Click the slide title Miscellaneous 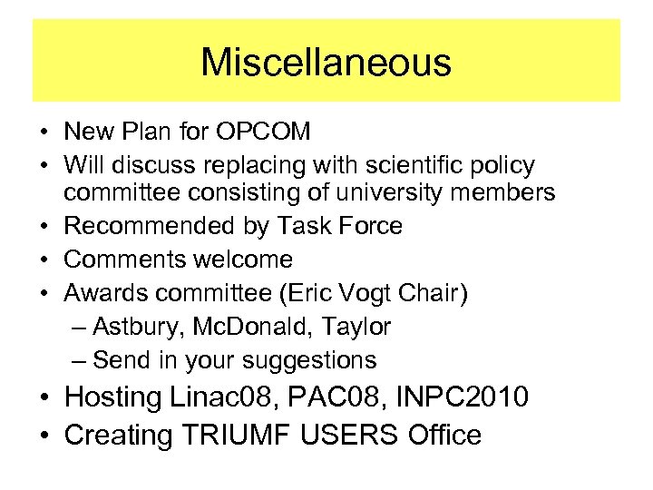point(326,63)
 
